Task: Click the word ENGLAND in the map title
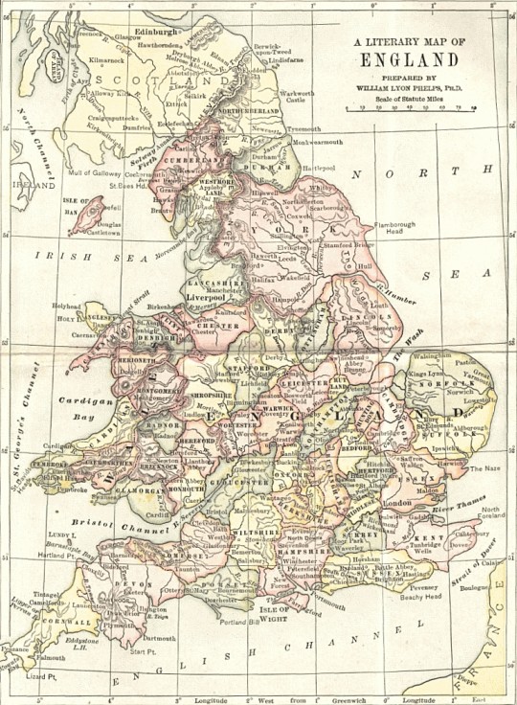tap(409, 58)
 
